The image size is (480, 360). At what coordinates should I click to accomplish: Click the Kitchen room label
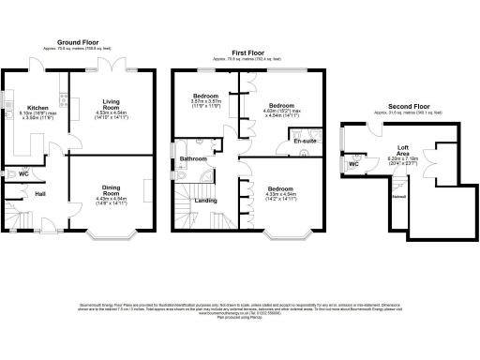click(x=37, y=108)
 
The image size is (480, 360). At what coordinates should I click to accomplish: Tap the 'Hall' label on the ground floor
click(x=40, y=194)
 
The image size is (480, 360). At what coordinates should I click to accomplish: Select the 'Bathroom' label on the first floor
click(x=194, y=158)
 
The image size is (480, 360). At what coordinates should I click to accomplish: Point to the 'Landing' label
click(x=206, y=200)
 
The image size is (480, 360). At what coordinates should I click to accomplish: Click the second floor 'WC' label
click(x=354, y=164)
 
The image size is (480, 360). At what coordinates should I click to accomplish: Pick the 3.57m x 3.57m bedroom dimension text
click(x=206, y=104)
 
